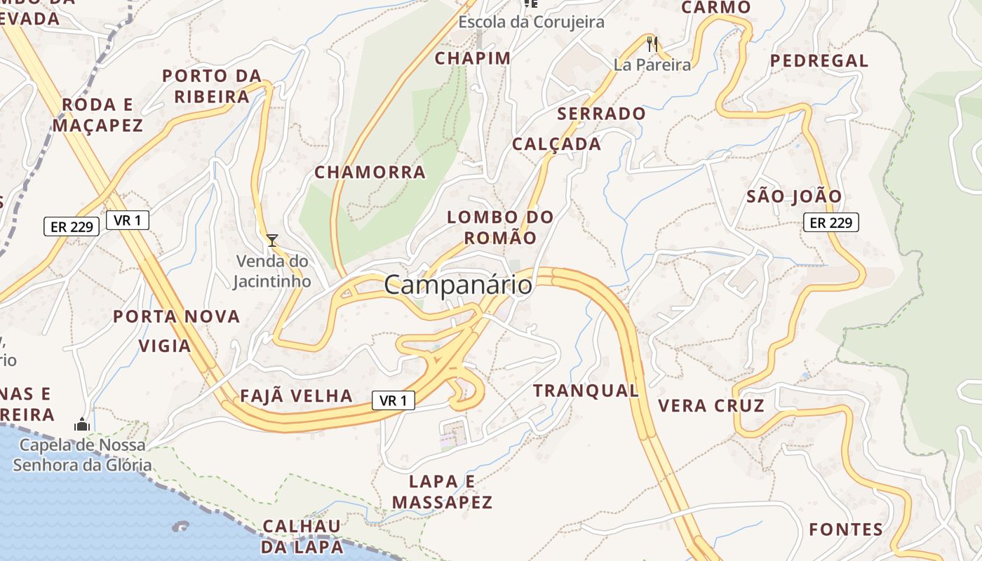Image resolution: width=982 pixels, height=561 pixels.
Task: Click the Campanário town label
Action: click(x=458, y=285)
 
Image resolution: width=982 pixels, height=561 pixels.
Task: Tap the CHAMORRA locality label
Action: click(x=370, y=172)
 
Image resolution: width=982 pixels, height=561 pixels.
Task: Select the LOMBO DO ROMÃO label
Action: click(x=500, y=227)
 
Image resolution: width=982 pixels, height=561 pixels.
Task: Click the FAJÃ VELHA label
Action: click(x=296, y=396)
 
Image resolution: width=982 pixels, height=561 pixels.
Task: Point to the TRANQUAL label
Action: click(x=586, y=391)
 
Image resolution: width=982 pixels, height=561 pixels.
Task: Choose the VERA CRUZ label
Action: click(x=711, y=405)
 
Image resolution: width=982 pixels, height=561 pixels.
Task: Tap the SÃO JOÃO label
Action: click(x=794, y=196)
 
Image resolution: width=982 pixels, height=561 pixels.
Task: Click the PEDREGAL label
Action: click(x=819, y=61)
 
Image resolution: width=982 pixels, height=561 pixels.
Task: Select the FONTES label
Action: click(x=846, y=529)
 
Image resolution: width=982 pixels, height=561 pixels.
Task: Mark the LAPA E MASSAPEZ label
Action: click(x=442, y=492)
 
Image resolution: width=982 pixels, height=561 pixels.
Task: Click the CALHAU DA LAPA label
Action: click(x=302, y=536)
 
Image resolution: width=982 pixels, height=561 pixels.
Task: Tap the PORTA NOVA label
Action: click(x=177, y=316)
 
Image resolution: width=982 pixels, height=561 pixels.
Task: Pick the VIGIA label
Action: click(x=165, y=346)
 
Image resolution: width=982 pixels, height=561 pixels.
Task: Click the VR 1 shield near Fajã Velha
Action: click(x=394, y=400)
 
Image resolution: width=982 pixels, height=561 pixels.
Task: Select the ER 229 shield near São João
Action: click(x=831, y=223)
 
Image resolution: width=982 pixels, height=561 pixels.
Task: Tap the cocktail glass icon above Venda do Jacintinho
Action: click(x=272, y=241)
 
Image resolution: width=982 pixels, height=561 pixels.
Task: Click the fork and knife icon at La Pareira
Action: click(x=652, y=44)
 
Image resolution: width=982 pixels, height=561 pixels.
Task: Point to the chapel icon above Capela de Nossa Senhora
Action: click(x=82, y=424)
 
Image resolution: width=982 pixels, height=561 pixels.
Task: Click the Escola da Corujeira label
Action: click(x=531, y=22)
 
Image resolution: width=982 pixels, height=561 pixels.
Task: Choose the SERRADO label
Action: click(x=601, y=113)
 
